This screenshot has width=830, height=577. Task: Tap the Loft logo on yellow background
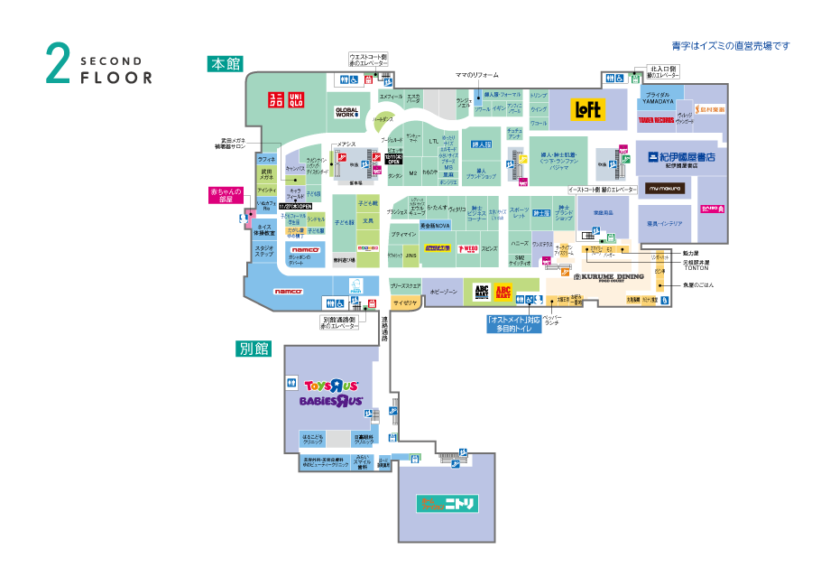coord(589,110)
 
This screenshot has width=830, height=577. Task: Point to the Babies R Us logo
coord(331,400)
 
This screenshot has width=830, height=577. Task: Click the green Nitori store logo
coord(447,503)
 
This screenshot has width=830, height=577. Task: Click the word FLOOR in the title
coord(116,78)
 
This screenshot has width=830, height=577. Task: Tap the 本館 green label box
coord(225,64)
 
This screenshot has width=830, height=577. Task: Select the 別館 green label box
coord(254,348)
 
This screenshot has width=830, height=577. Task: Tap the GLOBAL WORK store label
coord(347,112)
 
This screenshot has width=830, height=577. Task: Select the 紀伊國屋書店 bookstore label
coord(680,157)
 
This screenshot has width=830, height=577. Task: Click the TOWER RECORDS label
coord(657,119)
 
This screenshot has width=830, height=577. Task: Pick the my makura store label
coord(666,188)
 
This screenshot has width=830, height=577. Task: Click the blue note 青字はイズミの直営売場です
coord(731,45)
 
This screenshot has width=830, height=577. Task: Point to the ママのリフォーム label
coord(476,75)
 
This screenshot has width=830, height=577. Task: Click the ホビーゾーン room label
coord(444,293)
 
